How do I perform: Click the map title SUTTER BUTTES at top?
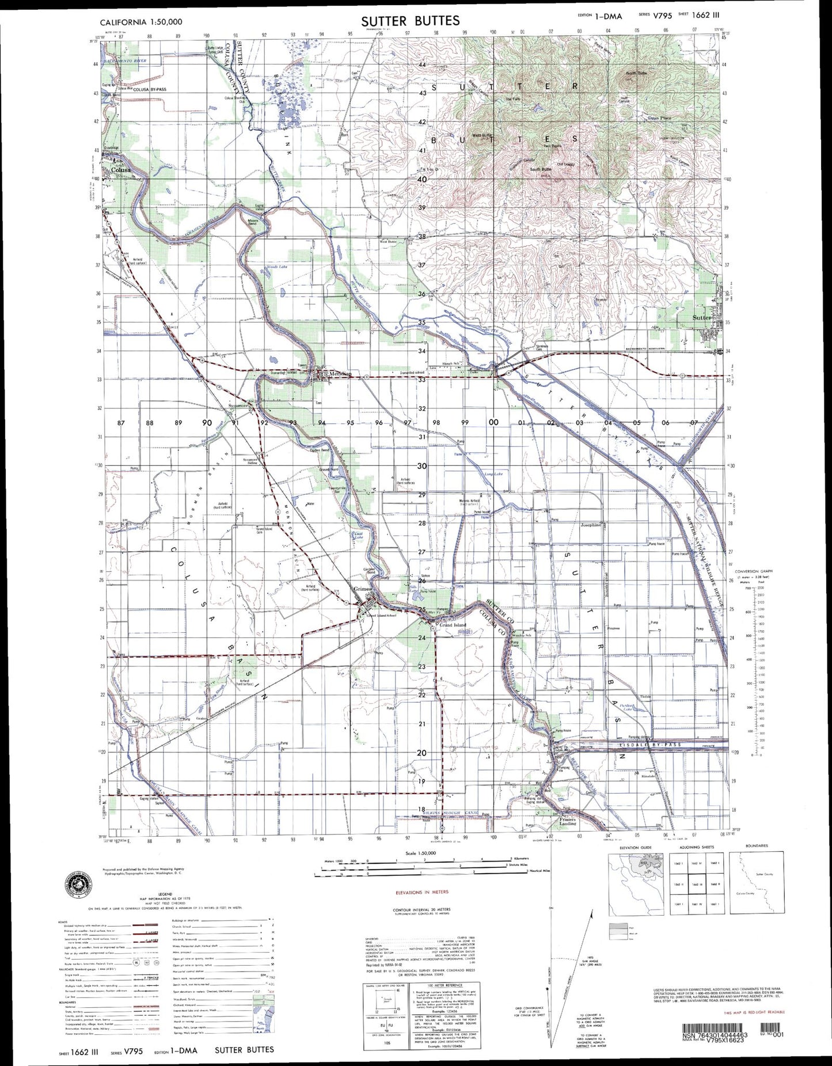pos(411,21)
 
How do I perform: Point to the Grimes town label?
pos(363,589)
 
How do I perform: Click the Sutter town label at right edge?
pos(702,317)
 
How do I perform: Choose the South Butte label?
pos(541,169)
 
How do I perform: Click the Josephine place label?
pos(591,525)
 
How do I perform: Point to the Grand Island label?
pos(453,625)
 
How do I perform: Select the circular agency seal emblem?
pos(78,882)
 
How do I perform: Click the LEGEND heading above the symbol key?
pos(142,894)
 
